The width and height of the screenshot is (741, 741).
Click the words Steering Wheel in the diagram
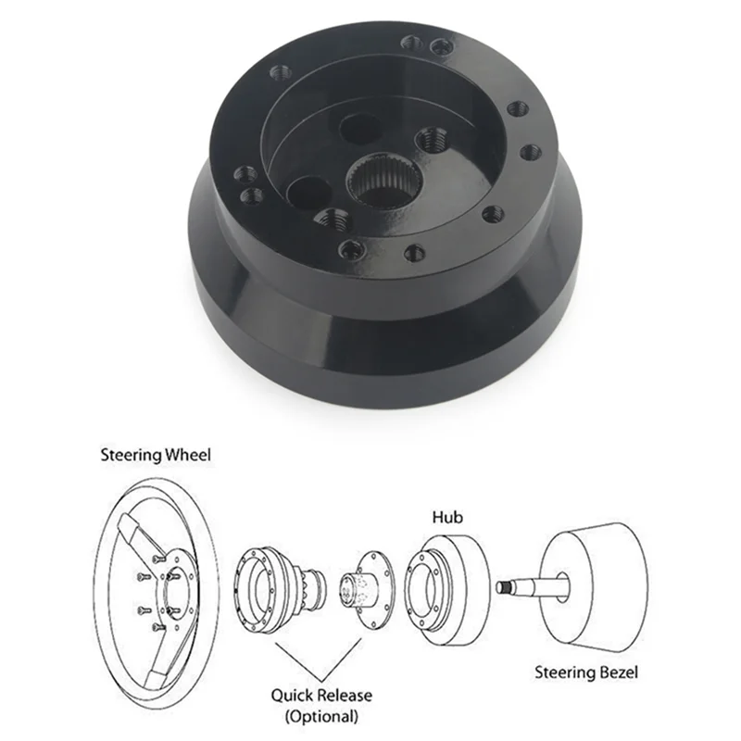156,455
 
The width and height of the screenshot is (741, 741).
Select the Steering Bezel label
586,672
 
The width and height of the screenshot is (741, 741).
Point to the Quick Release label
323,695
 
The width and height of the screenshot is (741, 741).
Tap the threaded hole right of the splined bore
428,141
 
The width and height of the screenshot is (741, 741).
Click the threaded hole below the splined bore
332,220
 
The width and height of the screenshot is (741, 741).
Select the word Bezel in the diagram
616,672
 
